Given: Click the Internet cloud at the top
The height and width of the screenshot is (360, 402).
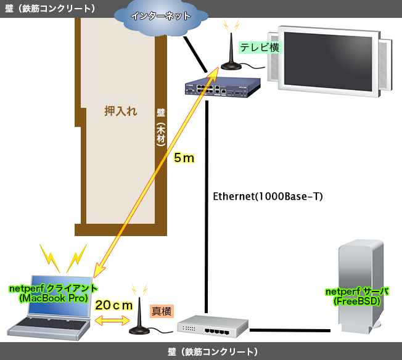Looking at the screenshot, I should pyautogui.click(x=161, y=17).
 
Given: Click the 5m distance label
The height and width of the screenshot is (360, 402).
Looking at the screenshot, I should pyautogui.click(x=184, y=158).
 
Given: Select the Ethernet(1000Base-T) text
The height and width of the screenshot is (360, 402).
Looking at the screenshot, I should pyautogui.click(x=268, y=197).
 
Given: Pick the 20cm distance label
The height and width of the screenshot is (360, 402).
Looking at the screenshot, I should pyautogui.click(x=115, y=305).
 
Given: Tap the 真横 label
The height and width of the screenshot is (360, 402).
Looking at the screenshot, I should pyautogui.click(x=162, y=311).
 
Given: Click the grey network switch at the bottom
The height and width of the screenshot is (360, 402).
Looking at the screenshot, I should pyautogui.click(x=207, y=327).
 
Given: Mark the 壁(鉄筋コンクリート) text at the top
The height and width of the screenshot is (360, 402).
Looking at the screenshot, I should pyautogui.click(x=50, y=8).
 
